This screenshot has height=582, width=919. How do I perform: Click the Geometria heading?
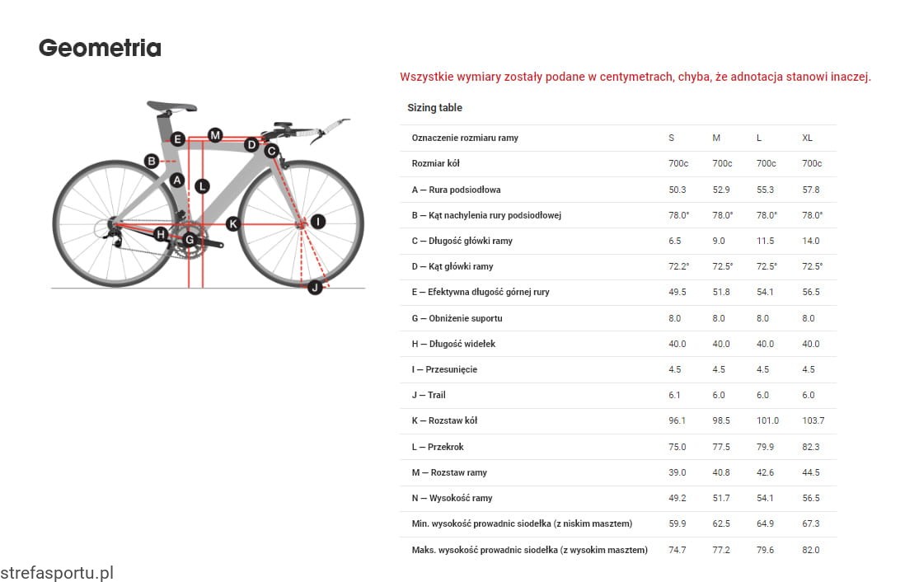pyautogui.click(x=100, y=48)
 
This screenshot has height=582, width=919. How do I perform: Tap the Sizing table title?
pyautogui.click(x=434, y=108)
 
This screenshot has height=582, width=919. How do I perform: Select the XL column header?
pyautogui.click(x=807, y=138)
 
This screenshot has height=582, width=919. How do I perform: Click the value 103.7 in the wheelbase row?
pyautogui.click(x=813, y=420)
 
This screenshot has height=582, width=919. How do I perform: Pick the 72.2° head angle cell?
pyautogui.click(x=678, y=266)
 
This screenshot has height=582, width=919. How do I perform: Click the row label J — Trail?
pyautogui.click(x=429, y=395)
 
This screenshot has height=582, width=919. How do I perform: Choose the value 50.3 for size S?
pyautogui.click(x=678, y=190)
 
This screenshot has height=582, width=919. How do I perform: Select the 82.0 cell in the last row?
pyautogui.click(x=810, y=550)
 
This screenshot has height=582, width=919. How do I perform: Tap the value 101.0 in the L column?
pyautogui.click(x=767, y=420)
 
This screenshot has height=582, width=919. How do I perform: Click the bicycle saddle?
pyautogui.click(x=171, y=106)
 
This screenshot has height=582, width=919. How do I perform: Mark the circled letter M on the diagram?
pyautogui.click(x=215, y=135)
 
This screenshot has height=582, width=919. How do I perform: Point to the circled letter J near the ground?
pyautogui.click(x=314, y=287)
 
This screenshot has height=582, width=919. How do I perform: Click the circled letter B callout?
pyautogui.click(x=152, y=161)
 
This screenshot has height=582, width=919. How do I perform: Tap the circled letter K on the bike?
pyautogui.click(x=233, y=223)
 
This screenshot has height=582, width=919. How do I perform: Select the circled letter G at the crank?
pyautogui.click(x=190, y=240)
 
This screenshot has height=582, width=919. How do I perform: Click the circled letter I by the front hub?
pyautogui.click(x=318, y=222)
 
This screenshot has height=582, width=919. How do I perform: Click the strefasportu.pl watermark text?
pyautogui.click(x=56, y=572)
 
